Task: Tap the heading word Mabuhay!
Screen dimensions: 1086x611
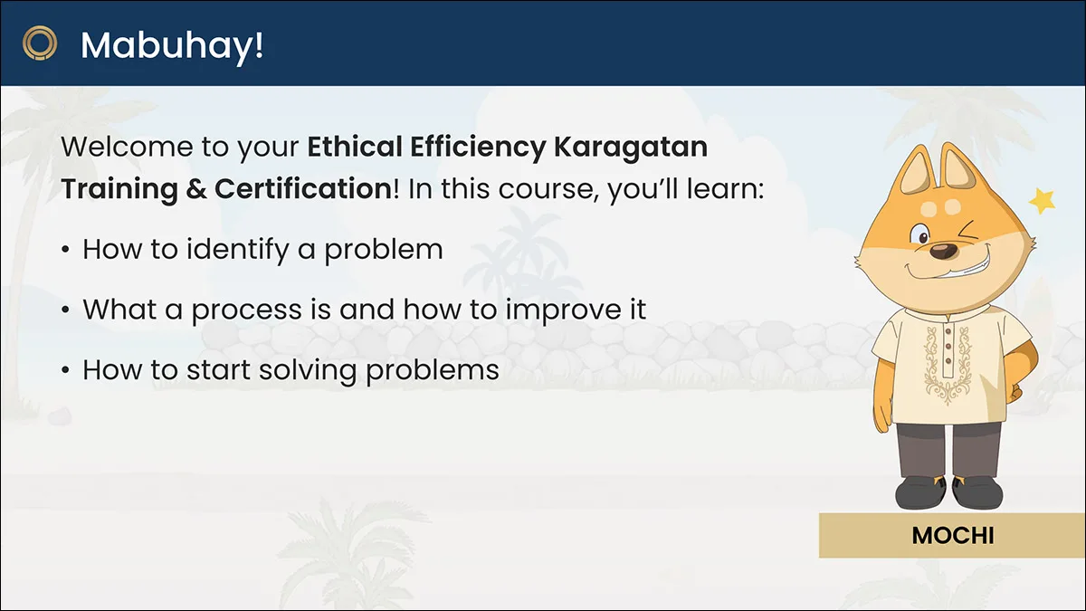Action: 172,46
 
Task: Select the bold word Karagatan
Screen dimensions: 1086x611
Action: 630,148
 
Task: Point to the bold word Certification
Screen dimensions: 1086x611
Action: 303,188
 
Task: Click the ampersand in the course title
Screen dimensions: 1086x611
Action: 195,189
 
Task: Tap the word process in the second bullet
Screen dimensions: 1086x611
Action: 247,311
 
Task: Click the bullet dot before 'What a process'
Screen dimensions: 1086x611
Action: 65,310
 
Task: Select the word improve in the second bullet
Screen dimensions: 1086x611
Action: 563,310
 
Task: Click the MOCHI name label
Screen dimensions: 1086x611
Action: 953,536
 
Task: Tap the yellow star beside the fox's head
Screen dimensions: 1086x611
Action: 1042,200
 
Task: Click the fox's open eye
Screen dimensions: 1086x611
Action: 920,235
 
